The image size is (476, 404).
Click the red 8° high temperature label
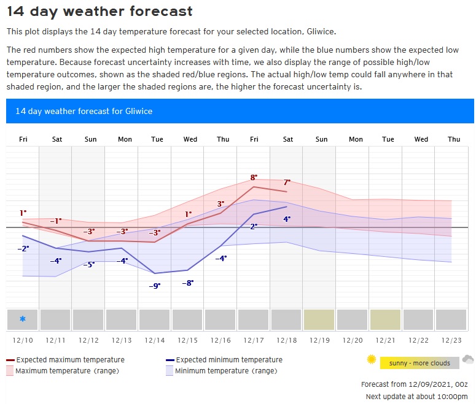point(253,178)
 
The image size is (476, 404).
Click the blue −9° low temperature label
point(155,286)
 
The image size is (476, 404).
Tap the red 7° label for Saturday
point(287,182)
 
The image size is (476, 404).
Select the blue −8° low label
point(188,283)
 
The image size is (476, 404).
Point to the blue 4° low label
point(287,219)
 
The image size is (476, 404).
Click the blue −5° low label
point(88,264)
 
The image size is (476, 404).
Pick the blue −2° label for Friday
point(23,248)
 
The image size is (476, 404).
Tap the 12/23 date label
point(453,340)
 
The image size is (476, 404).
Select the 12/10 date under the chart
point(23,340)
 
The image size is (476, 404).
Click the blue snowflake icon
point(23,319)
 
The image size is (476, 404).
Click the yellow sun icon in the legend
point(371,360)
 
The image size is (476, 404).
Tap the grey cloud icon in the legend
point(468,359)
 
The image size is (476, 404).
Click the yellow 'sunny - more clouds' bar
point(419,363)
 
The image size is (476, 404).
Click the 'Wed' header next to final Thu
point(421,139)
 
